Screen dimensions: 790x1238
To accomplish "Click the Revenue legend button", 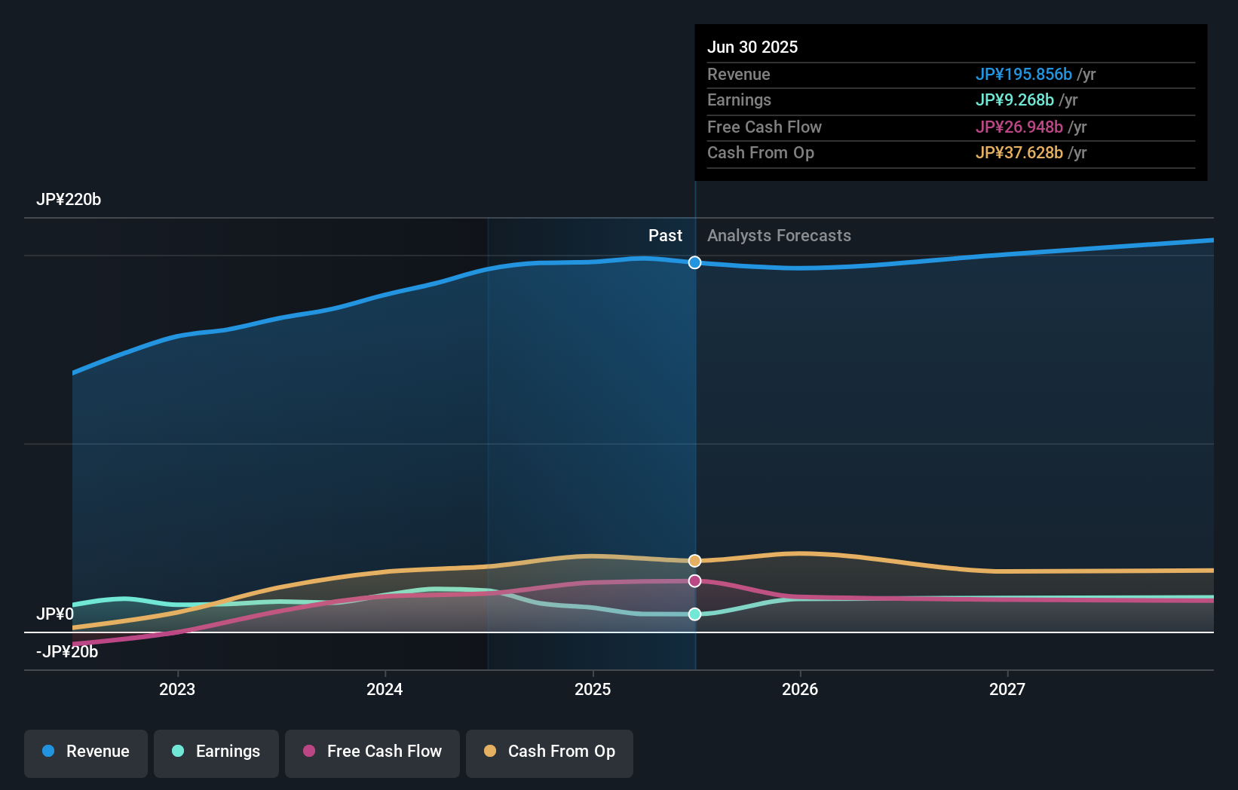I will pos(86,752).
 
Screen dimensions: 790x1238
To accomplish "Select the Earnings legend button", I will pos(216,752).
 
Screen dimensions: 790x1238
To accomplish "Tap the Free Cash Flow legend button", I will pos(372,752).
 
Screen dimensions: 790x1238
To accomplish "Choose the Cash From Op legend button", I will pos(550,752).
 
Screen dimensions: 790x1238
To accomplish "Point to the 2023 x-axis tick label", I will pos(177,689).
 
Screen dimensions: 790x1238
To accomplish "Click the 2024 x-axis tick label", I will pos(385,689).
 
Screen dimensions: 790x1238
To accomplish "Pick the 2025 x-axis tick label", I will pos(593,689).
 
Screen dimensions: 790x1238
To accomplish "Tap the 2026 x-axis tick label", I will pos(800,689).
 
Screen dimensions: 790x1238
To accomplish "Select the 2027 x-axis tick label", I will pos(1007,689).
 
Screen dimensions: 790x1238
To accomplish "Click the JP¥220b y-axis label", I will pos(69,200).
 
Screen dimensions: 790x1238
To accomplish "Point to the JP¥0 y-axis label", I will pos(55,614).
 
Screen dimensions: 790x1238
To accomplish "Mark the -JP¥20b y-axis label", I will pos(67,652).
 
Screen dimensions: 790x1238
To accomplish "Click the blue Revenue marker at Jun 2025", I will pos(695,262).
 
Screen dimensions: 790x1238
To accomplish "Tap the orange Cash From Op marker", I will pos(695,561).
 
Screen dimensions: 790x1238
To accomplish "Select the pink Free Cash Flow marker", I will pos(695,581).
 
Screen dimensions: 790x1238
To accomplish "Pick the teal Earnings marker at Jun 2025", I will pos(695,614).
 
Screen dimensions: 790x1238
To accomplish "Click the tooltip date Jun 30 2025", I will pos(752,47).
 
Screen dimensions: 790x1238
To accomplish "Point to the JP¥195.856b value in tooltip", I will pos(1023,74).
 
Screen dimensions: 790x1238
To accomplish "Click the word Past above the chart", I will pos(665,236).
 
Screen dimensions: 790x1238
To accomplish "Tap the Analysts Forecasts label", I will pos(779,236).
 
